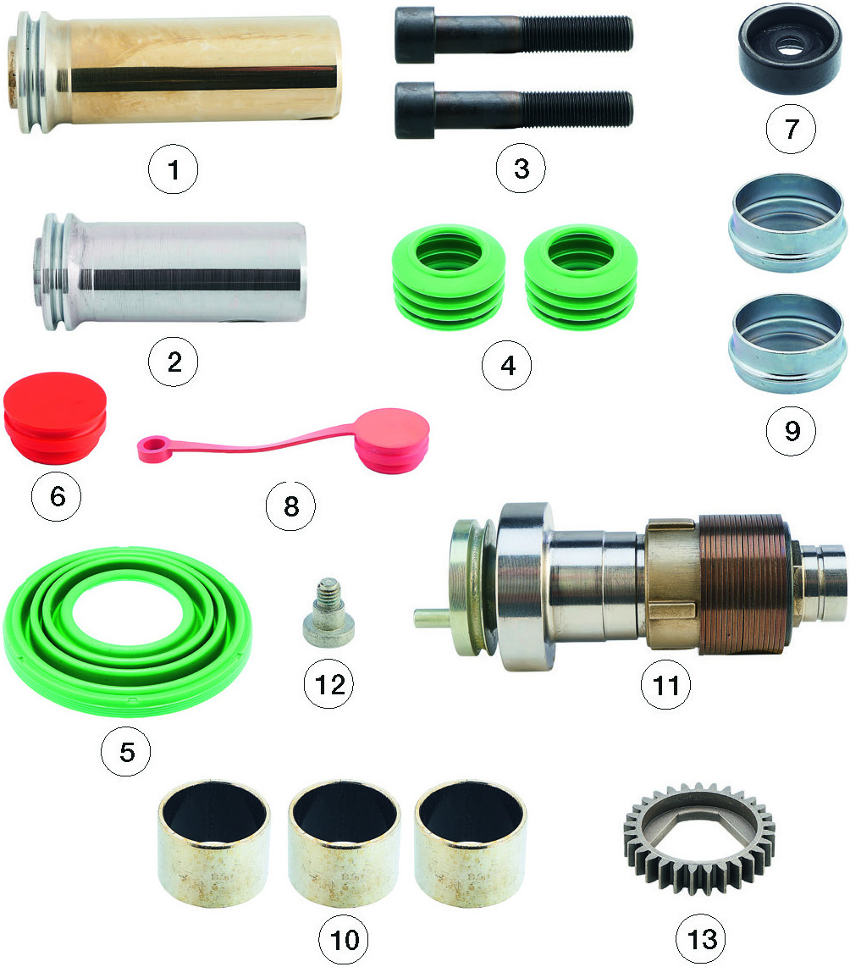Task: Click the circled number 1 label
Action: click(174, 169)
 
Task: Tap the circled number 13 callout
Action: click(702, 939)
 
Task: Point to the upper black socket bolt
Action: click(513, 36)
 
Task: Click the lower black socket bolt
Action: click(513, 110)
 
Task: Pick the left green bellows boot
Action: click(449, 276)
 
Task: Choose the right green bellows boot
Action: click(580, 276)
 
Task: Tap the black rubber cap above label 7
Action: click(790, 51)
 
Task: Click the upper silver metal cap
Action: click(787, 223)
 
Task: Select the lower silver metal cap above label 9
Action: click(787, 343)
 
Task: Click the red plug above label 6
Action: click(55, 417)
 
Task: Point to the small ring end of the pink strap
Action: click(151, 447)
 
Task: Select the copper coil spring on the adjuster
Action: click(746, 583)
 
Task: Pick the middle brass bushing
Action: click(344, 844)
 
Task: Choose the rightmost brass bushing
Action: click(471, 844)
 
